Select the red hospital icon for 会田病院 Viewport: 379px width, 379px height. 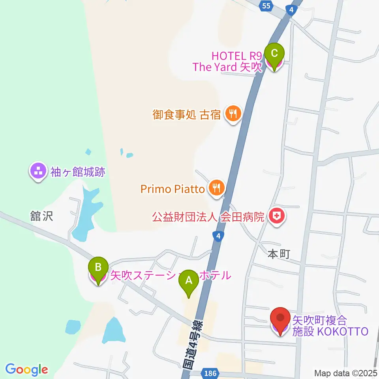[x=277, y=217]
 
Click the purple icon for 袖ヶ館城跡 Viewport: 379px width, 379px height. [x=38, y=171]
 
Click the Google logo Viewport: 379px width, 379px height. [x=27, y=370]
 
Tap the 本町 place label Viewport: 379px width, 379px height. [x=279, y=254]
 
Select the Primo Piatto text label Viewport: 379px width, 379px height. [x=173, y=189]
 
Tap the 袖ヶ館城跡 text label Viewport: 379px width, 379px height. [x=79, y=172]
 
